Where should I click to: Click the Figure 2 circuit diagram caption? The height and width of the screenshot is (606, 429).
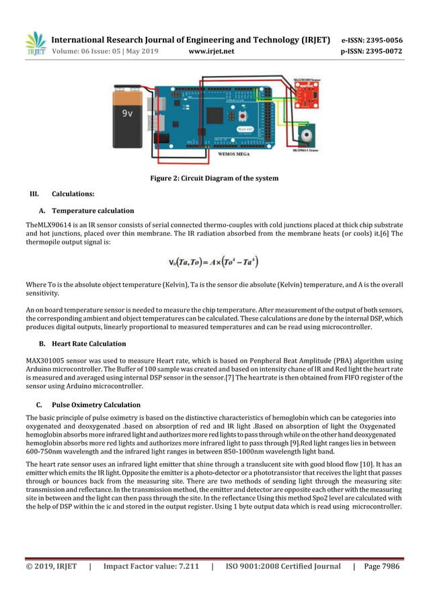[x=213, y=178]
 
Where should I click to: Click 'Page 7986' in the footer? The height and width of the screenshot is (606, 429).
[x=381, y=566]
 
